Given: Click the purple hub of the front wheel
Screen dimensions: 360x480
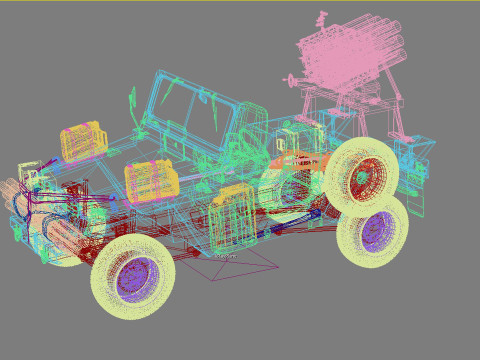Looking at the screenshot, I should tap(136, 278).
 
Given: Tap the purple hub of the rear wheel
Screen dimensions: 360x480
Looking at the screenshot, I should tap(376, 231).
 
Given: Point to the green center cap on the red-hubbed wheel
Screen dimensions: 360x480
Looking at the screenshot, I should tap(362, 178).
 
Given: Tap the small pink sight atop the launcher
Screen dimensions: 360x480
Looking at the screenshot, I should tap(322, 18).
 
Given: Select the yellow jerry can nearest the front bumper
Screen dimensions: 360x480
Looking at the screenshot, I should tap(83, 142).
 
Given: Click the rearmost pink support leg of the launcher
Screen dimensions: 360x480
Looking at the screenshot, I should tap(398, 110).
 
